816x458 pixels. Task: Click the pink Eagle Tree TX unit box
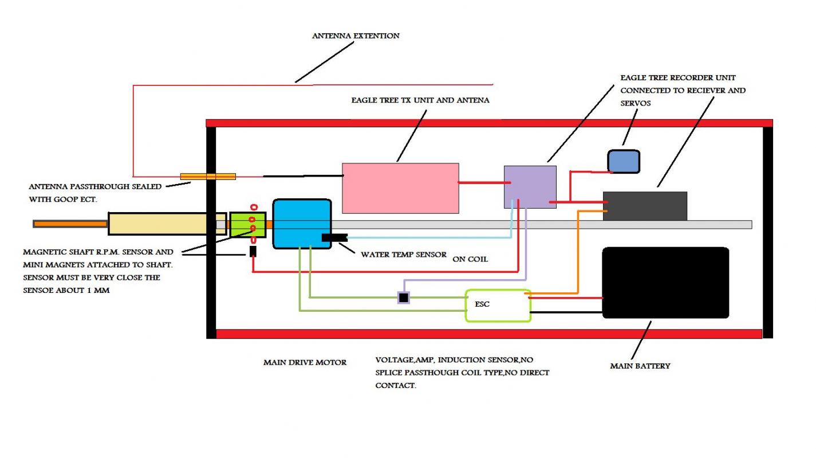tap(400, 188)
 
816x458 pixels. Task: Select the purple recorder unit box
tap(530, 187)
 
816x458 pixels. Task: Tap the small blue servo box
tap(623, 162)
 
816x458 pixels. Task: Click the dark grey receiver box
tap(645, 205)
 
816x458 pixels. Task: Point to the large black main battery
tap(665, 283)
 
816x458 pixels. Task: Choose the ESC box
tap(498, 305)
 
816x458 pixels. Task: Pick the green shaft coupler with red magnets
tap(247, 224)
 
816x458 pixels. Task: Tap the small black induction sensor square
tap(404, 297)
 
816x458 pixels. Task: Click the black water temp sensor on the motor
tap(334, 237)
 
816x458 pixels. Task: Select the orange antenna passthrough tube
tap(208, 177)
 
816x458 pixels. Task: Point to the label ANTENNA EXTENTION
tap(356, 36)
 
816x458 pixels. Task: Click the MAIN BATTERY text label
tap(640, 366)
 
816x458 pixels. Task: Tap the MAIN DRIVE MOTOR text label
tap(305, 362)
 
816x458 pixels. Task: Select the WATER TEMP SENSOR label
tap(403, 255)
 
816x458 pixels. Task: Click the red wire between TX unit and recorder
tap(481, 183)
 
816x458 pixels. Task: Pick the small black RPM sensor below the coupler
tap(253, 251)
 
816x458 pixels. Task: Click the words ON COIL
tap(470, 259)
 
